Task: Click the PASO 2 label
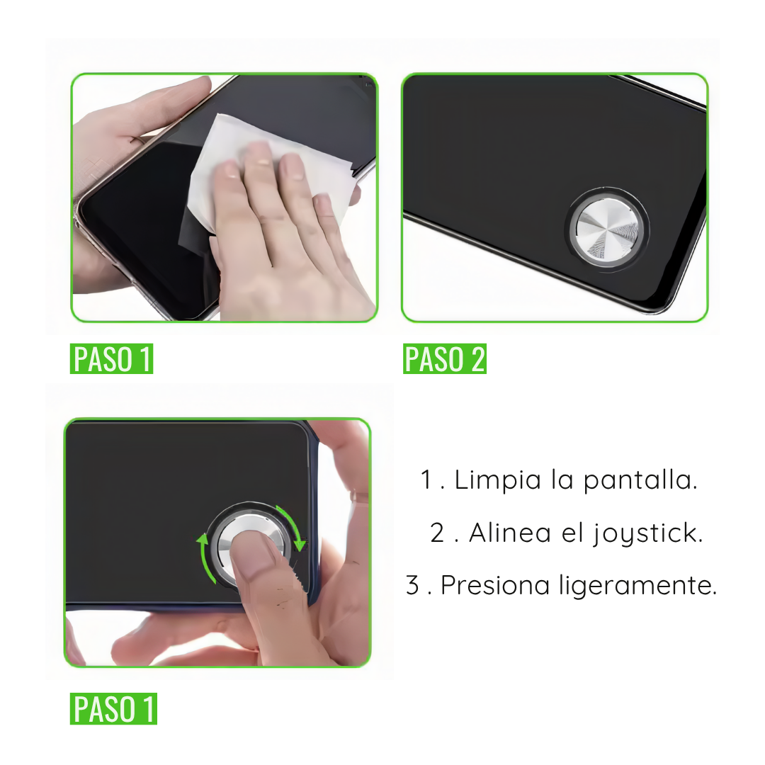pyautogui.click(x=444, y=358)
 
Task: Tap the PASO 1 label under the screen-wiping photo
pyautogui.click(x=111, y=358)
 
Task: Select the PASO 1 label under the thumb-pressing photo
pyautogui.click(x=113, y=708)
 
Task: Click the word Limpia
pyautogui.click(x=498, y=480)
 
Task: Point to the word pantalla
pyautogui.click(x=640, y=480)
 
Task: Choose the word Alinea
pyautogui.click(x=510, y=532)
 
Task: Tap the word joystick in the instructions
pyautogui.click(x=648, y=533)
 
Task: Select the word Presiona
pyautogui.click(x=494, y=584)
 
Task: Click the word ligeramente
pyautogui.click(x=637, y=586)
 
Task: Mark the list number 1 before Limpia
pyautogui.click(x=426, y=480)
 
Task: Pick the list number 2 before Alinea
pyautogui.click(x=437, y=532)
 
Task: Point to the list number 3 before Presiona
pyautogui.click(x=413, y=584)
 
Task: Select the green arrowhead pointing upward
pyautogui.click(x=202, y=538)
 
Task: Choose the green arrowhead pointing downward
pyautogui.click(x=300, y=545)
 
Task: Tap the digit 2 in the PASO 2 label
pyautogui.click(x=477, y=358)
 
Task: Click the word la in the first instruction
pyautogui.click(x=562, y=480)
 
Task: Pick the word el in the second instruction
pyautogui.click(x=572, y=532)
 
